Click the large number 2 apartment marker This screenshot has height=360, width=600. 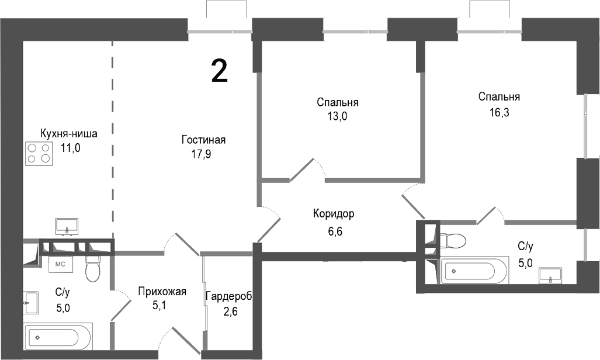coord(219,71)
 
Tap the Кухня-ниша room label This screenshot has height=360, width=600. coord(68,133)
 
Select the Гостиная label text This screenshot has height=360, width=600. coord(203,140)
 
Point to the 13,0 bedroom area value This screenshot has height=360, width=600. coord(337,116)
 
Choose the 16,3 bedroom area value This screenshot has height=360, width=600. coord(499,113)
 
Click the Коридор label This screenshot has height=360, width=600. coord(334,214)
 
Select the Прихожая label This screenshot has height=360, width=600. coord(162,292)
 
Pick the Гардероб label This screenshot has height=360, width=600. coord(228,296)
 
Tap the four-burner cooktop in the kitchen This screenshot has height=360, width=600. coord(38,153)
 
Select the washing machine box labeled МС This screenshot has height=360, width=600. coord(60,264)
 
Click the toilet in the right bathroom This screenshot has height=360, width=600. coord(453,240)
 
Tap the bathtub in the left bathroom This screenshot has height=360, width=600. coord(57,337)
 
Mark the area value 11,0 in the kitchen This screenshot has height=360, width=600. coord(70,148)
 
